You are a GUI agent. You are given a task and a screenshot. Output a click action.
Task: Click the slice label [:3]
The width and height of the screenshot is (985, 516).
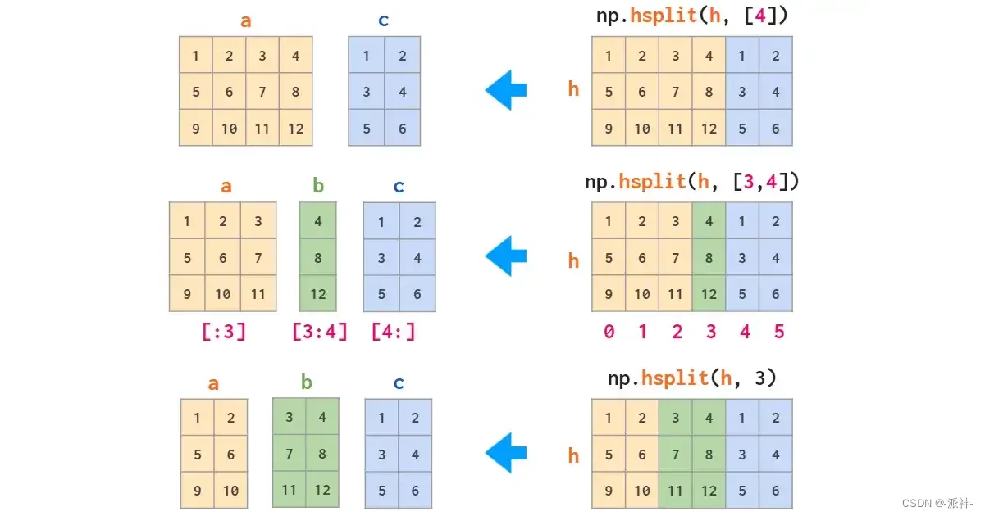pos(224,332)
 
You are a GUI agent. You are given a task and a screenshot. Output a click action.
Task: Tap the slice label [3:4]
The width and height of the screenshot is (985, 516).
pos(320,332)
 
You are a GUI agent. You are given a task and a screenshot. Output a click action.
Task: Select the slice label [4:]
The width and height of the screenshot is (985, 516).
pos(393,332)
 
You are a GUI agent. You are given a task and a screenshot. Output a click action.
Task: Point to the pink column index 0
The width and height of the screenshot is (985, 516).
pos(609,332)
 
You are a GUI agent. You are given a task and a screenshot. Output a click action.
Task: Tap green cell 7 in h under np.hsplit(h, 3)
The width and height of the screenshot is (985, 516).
pos(675,454)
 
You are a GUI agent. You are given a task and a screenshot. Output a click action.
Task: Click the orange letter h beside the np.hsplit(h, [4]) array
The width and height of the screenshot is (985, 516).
pos(574,89)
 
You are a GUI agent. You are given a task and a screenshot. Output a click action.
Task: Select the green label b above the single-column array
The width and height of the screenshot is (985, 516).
pos(318,186)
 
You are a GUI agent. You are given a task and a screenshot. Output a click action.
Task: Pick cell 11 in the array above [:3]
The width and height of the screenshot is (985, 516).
pos(257,294)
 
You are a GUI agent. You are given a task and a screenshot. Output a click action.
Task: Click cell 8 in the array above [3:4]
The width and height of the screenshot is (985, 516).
pos(318,257)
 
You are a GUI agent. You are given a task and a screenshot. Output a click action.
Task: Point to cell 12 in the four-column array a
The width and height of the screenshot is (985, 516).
pos(295,129)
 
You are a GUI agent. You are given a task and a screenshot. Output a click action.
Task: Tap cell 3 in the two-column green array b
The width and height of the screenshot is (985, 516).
pos(290,418)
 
